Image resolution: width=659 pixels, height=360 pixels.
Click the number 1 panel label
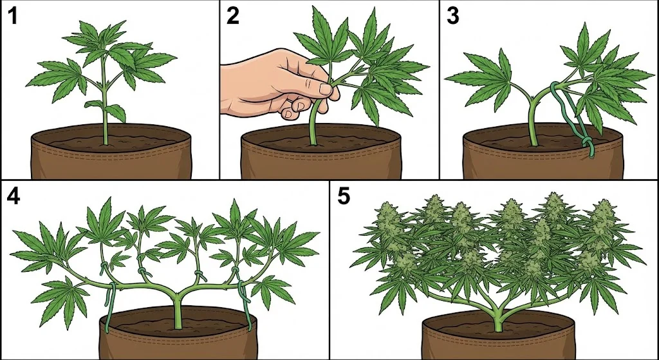pyautogui.click(x=13, y=16)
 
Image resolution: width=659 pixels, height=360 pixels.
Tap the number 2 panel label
pyautogui.click(x=232, y=16)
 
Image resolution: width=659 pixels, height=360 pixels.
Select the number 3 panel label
pyautogui.click(x=452, y=16)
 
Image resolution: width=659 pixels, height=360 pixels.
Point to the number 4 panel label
pyautogui.click(x=14, y=196)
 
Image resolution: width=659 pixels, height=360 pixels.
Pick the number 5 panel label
pyautogui.click(x=344, y=196)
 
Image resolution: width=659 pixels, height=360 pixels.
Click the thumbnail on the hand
pyautogui.click(x=325, y=89)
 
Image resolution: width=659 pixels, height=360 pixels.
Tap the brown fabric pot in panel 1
pyautogui.click(x=111, y=152)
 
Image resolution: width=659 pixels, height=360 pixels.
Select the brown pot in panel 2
pyautogui.click(x=321, y=152)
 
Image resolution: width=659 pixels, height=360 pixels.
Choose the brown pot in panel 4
pyautogui.click(x=179, y=333)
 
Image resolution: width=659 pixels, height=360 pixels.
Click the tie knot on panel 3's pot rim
pyautogui.click(x=589, y=146)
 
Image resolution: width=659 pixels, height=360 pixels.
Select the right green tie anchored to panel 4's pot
pyautogui.click(x=245, y=303)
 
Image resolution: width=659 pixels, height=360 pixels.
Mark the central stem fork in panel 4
pyautogui.click(x=177, y=296)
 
